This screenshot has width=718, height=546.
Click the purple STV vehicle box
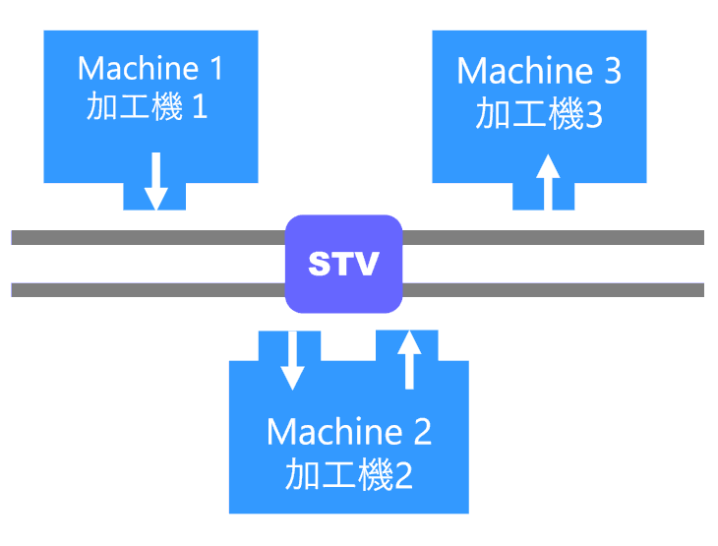pyautogui.click(x=343, y=264)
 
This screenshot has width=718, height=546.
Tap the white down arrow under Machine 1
pyautogui.click(x=155, y=181)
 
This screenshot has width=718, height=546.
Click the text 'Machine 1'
pyautogui.click(x=150, y=69)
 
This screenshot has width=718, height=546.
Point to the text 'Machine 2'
pyautogui.click(x=348, y=432)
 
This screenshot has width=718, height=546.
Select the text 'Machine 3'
pyautogui.click(x=539, y=71)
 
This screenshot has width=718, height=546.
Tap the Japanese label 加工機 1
pyautogui.click(x=147, y=106)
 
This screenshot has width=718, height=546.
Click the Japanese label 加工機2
pyautogui.click(x=348, y=475)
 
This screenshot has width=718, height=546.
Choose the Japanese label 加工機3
pyautogui.click(x=538, y=115)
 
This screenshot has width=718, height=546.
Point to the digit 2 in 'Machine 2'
pyautogui.click(x=421, y=432)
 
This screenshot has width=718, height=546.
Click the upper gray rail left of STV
pyautogui.click(x=148, y=237)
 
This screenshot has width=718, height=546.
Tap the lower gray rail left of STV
pyautogui.click(x=148, y=290)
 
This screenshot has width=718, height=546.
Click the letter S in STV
pyautogui.click(x=320, y=264)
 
